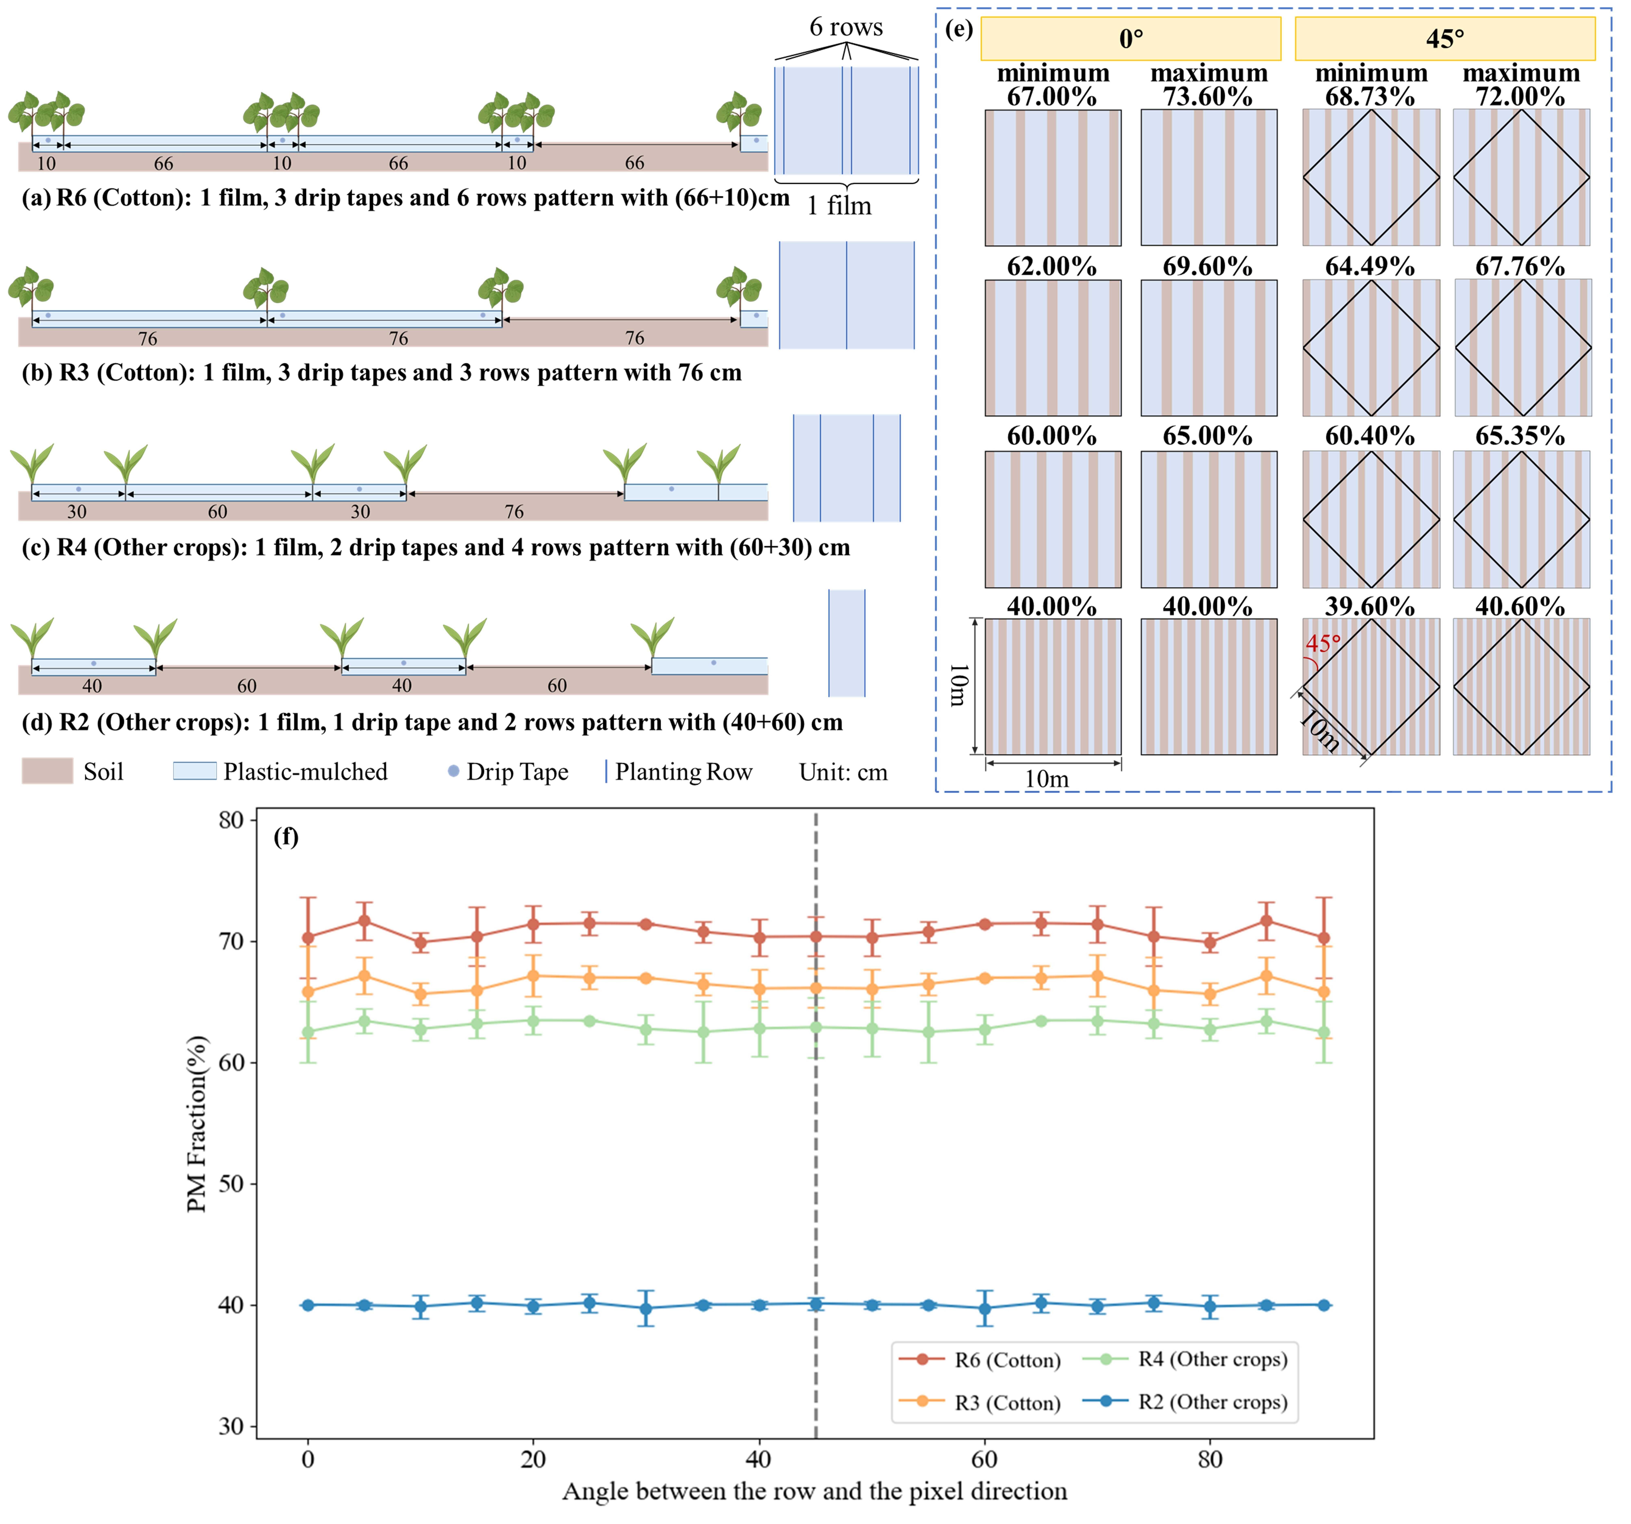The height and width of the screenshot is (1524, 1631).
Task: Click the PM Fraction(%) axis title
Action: (197, 1124)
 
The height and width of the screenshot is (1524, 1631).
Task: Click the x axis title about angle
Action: (815, 1491)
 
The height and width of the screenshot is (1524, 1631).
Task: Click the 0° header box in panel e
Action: (1131, 39)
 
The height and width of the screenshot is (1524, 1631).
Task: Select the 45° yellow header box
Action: (1445, 39)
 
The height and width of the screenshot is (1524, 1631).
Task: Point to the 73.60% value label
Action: (1208, 97)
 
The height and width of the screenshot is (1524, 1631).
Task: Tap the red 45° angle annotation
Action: (1323, 643)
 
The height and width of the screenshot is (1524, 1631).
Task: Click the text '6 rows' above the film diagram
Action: (846, 27)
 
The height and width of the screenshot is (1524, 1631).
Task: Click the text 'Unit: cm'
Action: (843, 772)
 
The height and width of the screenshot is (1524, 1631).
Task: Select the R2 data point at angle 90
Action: (1323, 1305)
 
